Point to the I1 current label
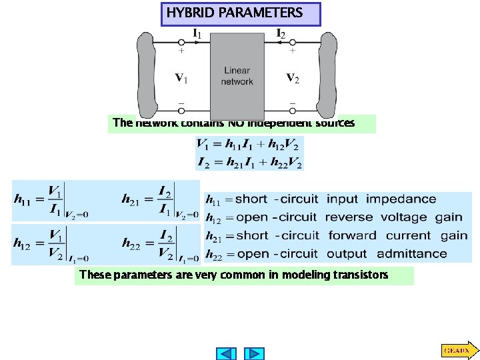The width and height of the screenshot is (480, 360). pos(197,33)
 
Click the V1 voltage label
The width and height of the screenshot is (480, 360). pos(181,78)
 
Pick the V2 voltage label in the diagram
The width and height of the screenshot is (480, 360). pos(293,78)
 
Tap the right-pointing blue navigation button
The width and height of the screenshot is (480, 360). pos(253,353)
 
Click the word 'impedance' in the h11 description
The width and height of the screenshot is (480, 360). pos(401,199)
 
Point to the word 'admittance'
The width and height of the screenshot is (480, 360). pos(411,254)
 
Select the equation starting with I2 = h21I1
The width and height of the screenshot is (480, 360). pos(248,161)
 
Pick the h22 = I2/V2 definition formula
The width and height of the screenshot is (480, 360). pos(160,245)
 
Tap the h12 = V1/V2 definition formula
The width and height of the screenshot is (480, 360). pos(51,245)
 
